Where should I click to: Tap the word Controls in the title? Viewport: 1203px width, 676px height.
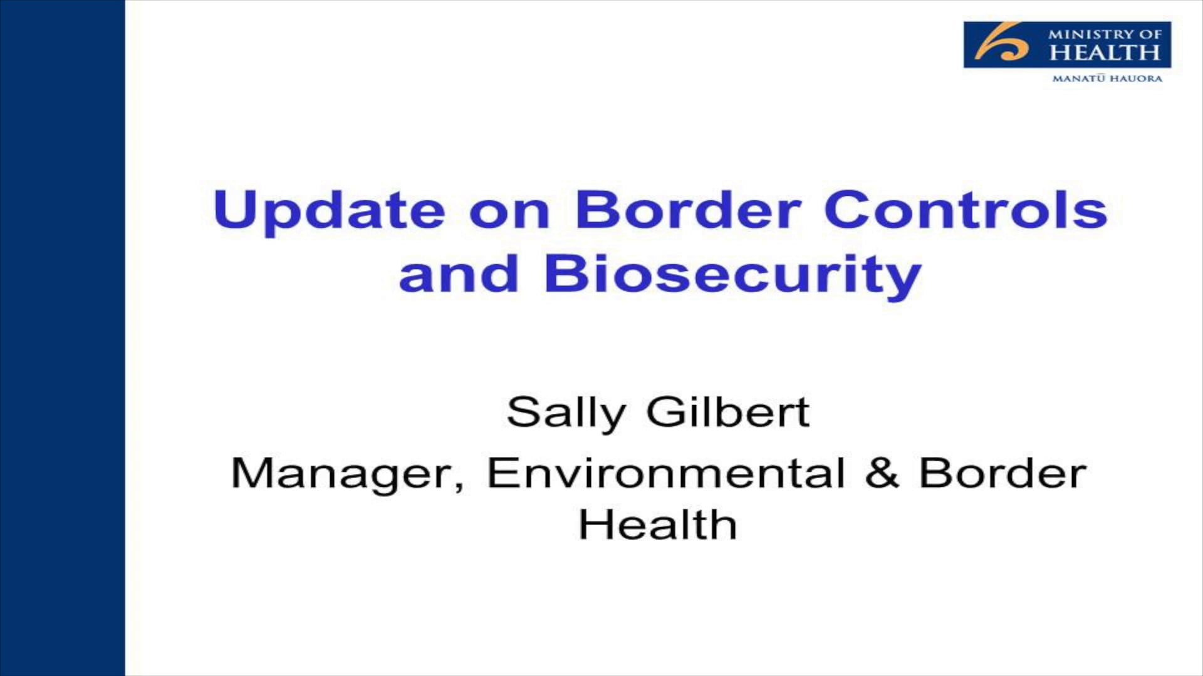point(966,210)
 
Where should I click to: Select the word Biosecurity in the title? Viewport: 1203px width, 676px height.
point(732,274)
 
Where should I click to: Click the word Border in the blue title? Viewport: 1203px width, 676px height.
point(688,210)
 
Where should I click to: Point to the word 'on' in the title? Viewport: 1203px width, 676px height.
point(509,212)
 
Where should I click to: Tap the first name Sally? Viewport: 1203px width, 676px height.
point(566,413)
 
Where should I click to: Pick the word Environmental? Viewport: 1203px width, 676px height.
point(666,473)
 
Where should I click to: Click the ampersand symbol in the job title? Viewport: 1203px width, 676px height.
point(882,473)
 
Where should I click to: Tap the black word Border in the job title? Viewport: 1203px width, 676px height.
point(1002,473)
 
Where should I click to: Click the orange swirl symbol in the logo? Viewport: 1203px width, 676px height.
point(1002,44)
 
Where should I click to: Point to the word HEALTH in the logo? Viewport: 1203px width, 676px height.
point(1105,53)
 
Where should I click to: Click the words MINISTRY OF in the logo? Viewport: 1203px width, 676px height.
point(1105,34)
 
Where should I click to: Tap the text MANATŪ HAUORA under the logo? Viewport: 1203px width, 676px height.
point(1107,79)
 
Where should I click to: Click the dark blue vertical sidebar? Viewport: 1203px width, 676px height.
point(62,338)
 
